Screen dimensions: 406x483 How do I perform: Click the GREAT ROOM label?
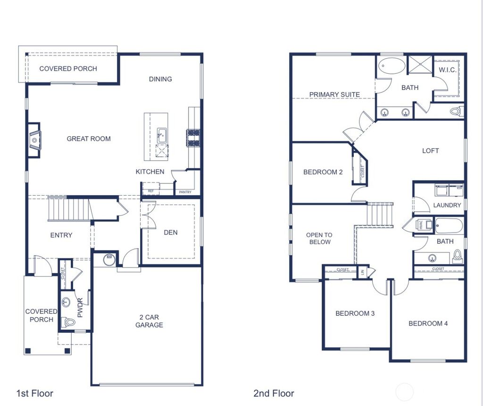pos(89,138)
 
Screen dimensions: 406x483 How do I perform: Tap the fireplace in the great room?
pos(33,140)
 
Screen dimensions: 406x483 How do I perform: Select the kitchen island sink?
pos(161,135)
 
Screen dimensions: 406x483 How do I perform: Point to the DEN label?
pos(171,232)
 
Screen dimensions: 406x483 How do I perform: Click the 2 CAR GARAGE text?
pos(149,321)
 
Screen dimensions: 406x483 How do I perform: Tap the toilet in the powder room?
pos(69,322)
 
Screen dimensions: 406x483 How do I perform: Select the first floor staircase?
pos(69,209)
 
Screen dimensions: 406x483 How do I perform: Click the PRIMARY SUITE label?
pos(334,95)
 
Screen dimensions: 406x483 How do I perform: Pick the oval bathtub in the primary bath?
pos(392,65)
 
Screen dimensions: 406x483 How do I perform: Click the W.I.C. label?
pos(447,70)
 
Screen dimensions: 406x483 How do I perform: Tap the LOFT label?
pos(430,151)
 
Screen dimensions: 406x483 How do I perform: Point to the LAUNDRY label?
pos(447,205)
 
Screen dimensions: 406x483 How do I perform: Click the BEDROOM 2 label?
pos(323,172)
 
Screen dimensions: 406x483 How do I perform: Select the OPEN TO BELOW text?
pos(319,238)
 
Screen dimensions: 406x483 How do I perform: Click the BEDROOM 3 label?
pos(355,313)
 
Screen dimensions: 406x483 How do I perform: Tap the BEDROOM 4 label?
pos(428,323)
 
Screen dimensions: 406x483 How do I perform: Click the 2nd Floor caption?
pos(274,393)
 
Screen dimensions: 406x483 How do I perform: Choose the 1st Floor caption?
pos(35,393)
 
